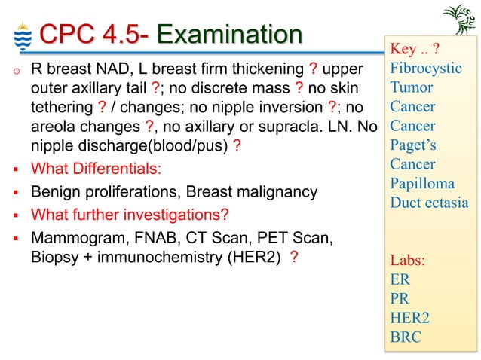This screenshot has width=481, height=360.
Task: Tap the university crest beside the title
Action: (20, 35)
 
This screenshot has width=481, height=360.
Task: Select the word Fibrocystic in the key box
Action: (425, 69)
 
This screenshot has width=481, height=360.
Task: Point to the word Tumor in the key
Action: (411, 87)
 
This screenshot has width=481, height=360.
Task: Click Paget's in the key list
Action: (412, 145)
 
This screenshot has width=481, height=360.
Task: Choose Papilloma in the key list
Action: (422, 183)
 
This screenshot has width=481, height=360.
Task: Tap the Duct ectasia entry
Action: (428, 203)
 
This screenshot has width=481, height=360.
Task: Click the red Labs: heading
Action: (407, 261)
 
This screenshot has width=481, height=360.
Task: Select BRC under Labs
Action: (406, 337)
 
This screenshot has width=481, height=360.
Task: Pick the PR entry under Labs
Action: (400, 298)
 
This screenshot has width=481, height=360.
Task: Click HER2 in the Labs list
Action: (410, 317)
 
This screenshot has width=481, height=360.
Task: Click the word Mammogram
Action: (68, 239)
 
